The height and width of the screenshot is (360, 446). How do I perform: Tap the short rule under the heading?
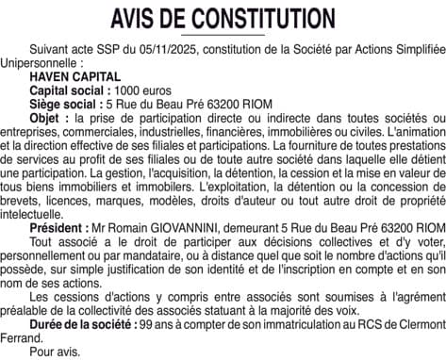click(223, 35)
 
